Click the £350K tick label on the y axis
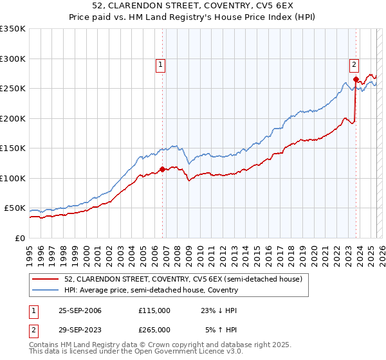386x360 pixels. (x=13, y=29)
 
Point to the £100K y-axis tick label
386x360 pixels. (x=13, y=178)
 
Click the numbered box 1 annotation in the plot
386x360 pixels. (x=160, y=64)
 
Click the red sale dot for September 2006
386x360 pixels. (x=162, y=170)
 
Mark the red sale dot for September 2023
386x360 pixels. (x=356, y=80)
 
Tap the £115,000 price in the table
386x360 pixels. (x=154, y=310)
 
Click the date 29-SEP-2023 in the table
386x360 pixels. (x=80, y=329)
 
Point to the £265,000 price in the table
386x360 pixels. (x=154, y=329)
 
